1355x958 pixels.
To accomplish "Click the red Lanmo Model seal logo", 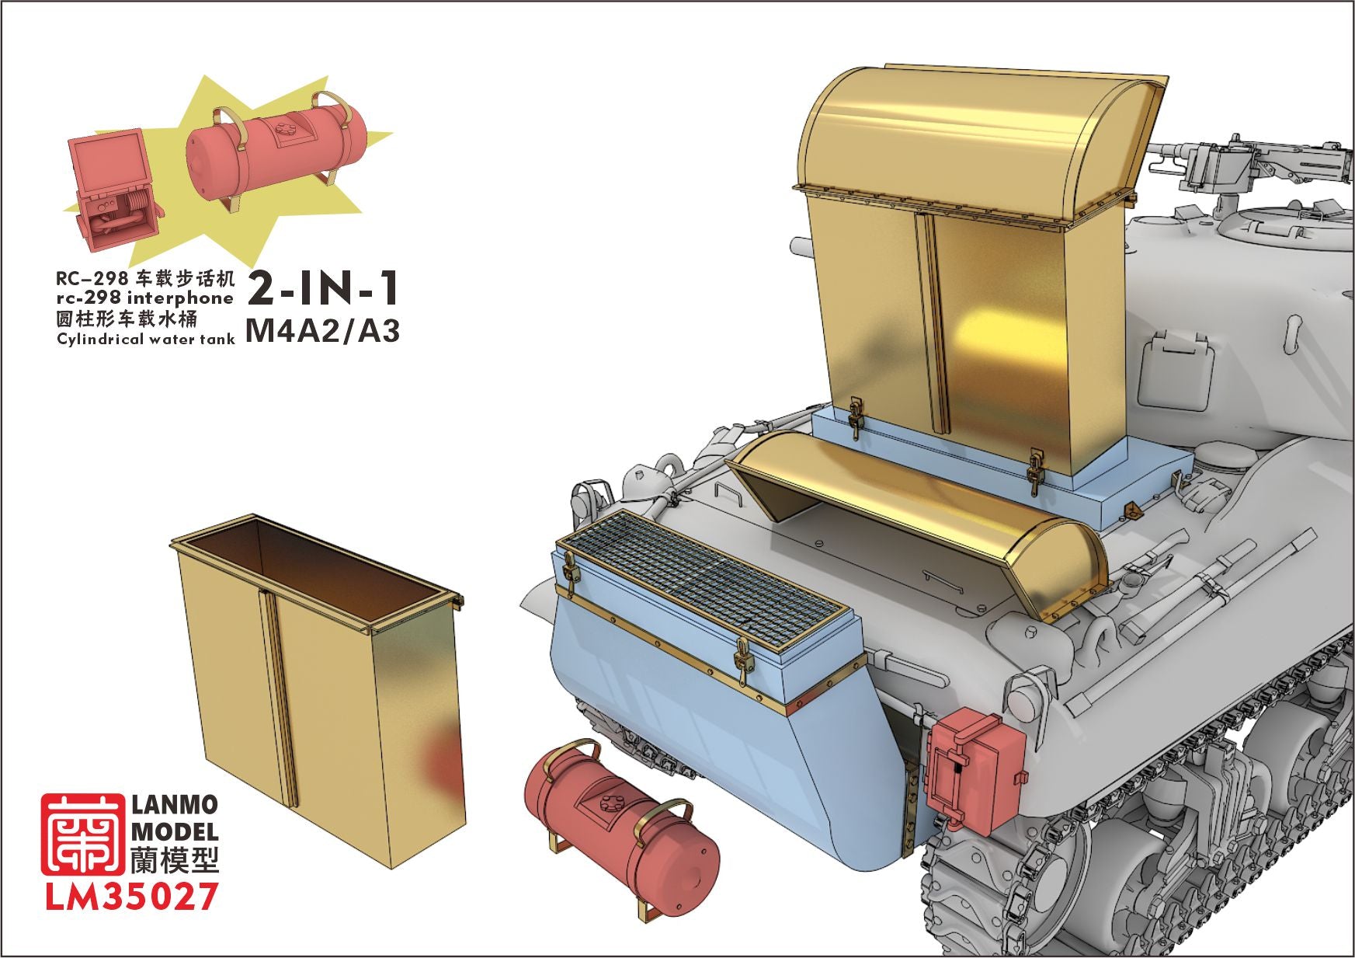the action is (x=82, y=834).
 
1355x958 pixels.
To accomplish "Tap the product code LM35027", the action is (x=131, y=897).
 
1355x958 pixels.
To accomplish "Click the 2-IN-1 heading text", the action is (x=323, y=288).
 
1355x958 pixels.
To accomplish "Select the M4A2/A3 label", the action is (x=322, y=331).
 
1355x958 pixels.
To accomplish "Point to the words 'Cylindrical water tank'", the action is (x=146, y=339).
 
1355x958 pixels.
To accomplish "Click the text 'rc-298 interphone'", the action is (x=144, y=298).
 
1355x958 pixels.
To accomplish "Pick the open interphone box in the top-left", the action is (x=114, y=190).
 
